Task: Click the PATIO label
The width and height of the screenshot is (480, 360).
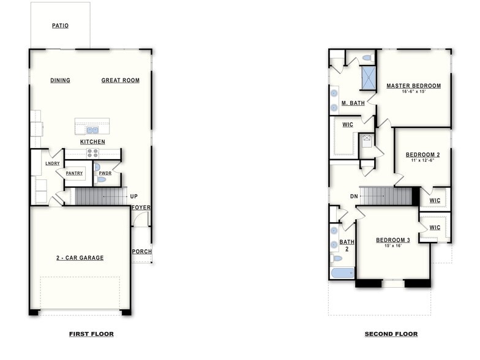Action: (x=60, y=26)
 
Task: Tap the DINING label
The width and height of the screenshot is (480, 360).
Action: (x=60, y=80)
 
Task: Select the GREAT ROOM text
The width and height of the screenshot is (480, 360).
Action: (x=120, y=80)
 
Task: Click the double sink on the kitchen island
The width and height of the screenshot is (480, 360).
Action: (x=92, y=130)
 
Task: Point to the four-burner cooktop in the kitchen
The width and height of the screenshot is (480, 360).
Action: (x=92, y=154)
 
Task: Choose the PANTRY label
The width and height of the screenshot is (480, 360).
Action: (x=74, y=173)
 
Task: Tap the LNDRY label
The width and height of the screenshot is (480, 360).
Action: (x=53, y=163)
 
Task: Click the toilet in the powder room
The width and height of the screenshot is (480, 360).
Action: (x=101, y=179)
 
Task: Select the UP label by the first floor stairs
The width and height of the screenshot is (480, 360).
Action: (x=133, y=197)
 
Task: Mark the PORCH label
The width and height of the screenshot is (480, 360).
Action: (x=141, y=252)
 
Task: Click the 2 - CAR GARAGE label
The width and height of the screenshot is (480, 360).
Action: (x=80, y=258)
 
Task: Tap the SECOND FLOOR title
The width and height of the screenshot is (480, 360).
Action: (x=391, y=334)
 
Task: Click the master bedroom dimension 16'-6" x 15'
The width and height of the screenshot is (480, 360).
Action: (x=413, y=92)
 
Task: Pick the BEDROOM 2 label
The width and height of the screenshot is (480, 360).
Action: (x=422, y=155)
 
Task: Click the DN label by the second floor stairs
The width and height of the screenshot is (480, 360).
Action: (x=354, y=197)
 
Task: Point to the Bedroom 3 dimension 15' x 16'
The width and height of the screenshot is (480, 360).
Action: (x=392, y=246)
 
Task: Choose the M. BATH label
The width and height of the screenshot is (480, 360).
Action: (x=353, y=103)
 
